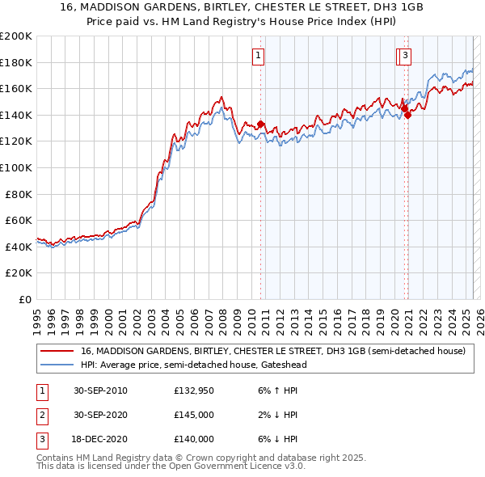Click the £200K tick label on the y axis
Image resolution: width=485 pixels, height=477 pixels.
pos(16,36)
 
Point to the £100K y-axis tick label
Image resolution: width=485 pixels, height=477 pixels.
pos(16,167)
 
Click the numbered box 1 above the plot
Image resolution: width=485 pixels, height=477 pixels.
pos(258,56)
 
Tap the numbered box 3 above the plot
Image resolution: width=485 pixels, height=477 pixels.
pos(403,56)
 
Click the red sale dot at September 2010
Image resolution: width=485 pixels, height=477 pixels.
pos(261,125)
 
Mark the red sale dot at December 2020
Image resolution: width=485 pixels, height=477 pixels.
pos(407,115)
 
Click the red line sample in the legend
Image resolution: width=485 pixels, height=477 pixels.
pos(57,352)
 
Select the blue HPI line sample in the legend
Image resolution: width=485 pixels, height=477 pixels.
pos(57,365)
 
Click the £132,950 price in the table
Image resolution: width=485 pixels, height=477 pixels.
pos(194,391)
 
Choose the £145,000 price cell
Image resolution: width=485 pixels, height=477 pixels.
pos(194,416)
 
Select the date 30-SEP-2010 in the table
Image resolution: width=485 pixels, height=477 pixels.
pos(100,391)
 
